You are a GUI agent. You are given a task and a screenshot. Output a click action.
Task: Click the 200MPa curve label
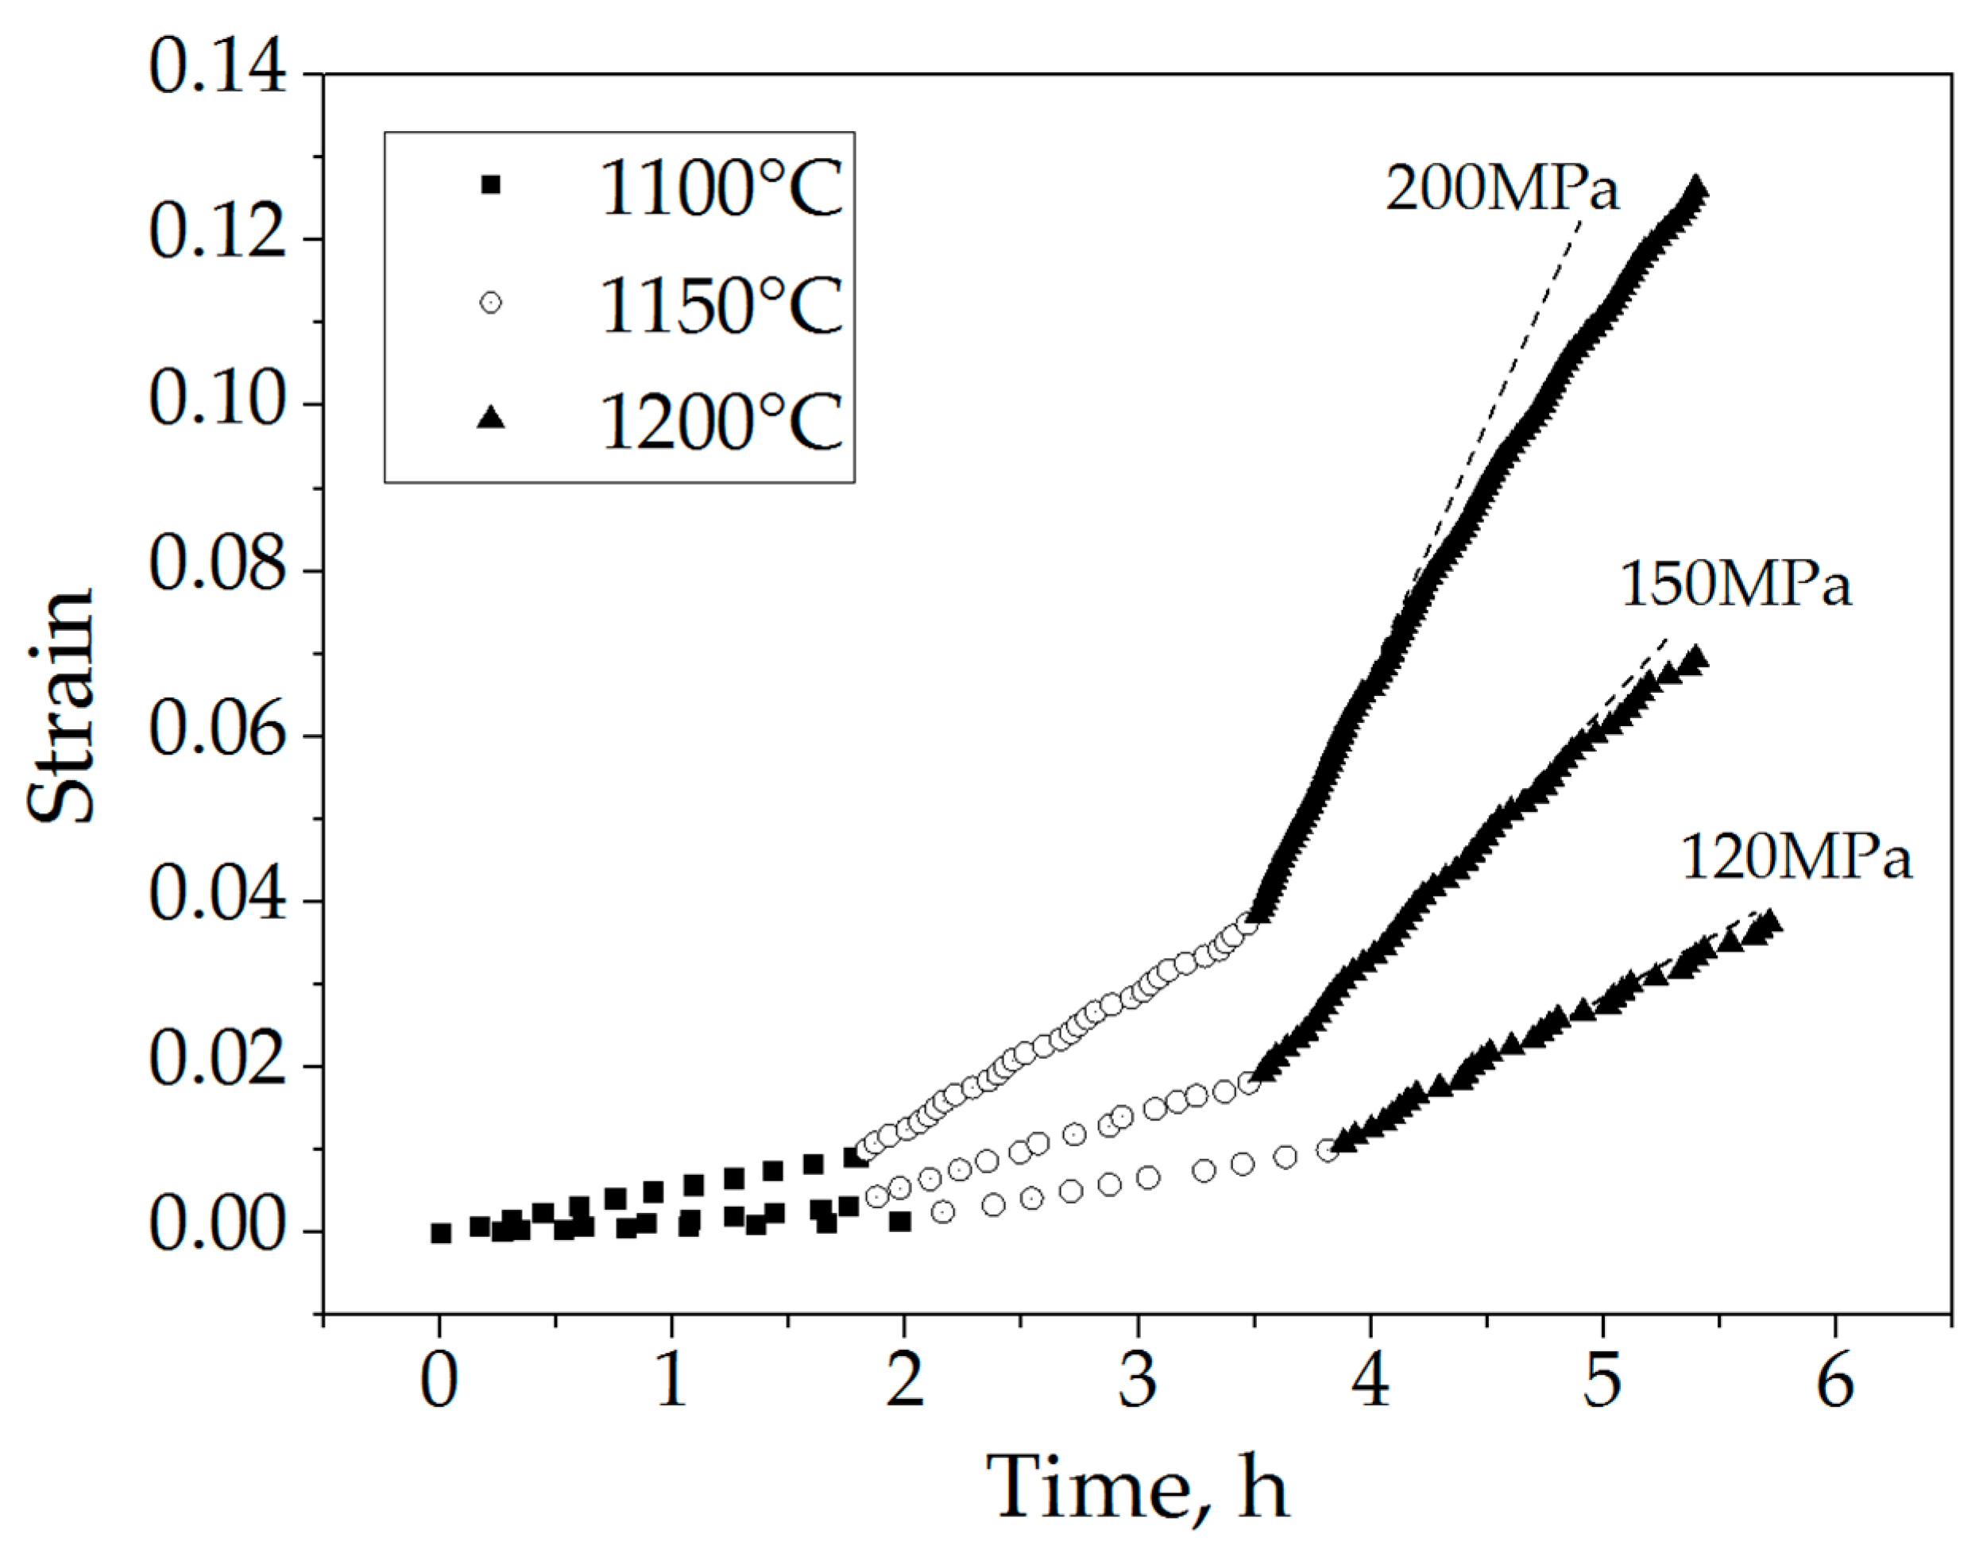click(1502, 190)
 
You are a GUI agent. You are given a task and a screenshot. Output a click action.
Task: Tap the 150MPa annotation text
click(1735, 585)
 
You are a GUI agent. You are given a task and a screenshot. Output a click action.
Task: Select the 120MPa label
click(1796, 857)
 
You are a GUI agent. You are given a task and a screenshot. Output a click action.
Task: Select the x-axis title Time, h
click(1137, 1489)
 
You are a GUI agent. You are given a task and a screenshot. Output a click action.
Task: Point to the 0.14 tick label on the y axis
click(217, 71)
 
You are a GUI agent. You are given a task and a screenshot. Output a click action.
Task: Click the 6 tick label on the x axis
click(1834, 1382)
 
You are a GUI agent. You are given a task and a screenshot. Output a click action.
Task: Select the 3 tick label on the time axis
click(1138, 1382)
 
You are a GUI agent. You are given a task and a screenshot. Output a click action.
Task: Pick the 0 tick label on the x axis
click(439, 1382)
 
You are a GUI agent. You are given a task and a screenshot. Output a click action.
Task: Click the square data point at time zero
click(440, 1232)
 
